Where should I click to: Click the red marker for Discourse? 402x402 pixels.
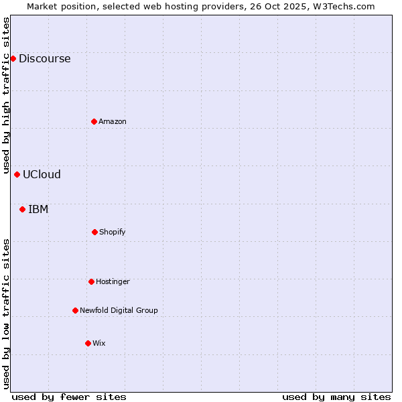13,58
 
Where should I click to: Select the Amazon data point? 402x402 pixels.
94,121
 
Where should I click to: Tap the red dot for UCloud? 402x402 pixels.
17,174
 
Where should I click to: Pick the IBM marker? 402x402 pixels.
22,209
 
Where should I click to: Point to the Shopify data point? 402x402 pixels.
94,232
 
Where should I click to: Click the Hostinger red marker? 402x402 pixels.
91,281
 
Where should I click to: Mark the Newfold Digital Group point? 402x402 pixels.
75,310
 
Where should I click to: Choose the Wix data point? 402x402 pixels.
88,343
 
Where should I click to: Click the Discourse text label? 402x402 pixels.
44,58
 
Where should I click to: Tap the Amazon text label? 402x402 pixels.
113,121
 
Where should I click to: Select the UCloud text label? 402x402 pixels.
42,174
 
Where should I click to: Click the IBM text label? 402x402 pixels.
38,209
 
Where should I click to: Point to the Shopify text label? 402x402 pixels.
113,232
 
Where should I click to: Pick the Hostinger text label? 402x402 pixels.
113,281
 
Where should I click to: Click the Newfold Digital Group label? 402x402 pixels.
119,310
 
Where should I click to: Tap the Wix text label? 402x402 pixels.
99,343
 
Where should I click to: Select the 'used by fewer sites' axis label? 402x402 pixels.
69,397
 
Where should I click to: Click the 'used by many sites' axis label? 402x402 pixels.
336,397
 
